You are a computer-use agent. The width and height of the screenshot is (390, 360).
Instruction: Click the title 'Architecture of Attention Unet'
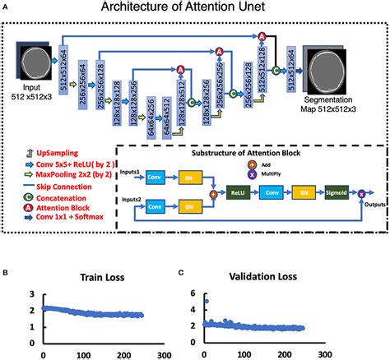[195, 9]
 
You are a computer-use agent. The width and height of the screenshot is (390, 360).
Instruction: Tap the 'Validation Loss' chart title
[265, 278]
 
